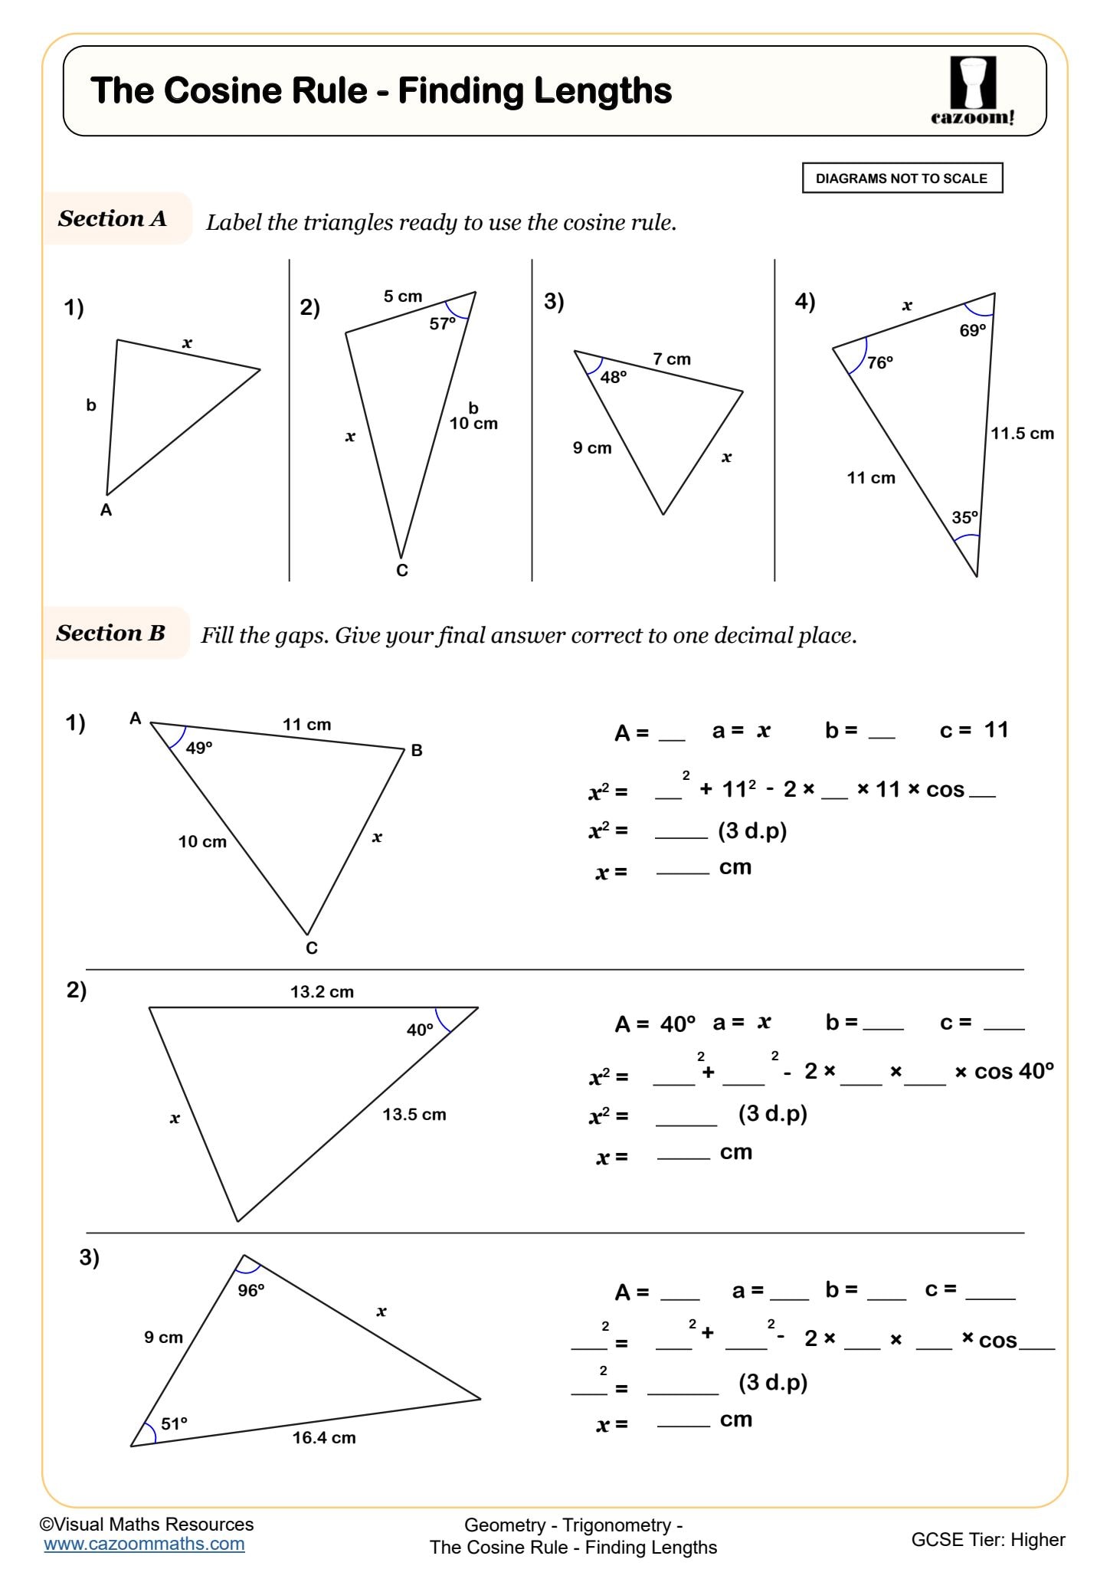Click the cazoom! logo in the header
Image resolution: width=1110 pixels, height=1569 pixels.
coord(973,91)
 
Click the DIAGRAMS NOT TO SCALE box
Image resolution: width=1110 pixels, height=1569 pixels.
coord(902,179)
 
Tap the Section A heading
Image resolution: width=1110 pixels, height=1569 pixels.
coord(113,218)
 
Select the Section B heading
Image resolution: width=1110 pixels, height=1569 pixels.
coord(111,633)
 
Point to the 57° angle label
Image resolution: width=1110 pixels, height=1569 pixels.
coord(442,324)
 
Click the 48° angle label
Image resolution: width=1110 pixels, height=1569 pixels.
coord(613,377)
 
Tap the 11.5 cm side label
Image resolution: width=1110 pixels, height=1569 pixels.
coord(1022,434)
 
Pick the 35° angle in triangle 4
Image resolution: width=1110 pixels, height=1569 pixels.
coord(964,518)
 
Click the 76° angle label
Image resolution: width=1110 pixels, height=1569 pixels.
coord(879,362)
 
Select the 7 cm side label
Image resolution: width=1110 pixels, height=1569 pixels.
coord(672,359)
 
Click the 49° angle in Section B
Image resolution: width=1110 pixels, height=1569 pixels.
coord(199,748)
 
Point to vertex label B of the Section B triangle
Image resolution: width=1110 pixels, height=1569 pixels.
coord(417,751)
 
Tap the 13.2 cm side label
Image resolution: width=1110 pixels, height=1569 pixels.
coord(322,992)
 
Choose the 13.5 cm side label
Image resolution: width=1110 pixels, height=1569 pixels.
coord(414,1115)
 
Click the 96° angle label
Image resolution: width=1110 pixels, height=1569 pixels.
coord(250,1291)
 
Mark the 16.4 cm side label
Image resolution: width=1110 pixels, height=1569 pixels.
coord(324,1438)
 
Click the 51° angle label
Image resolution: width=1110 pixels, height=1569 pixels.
coord(174,1424)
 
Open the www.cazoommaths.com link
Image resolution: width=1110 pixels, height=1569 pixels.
coord(144,1544)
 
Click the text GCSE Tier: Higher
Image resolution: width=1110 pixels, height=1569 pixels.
coord(987,1540)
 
